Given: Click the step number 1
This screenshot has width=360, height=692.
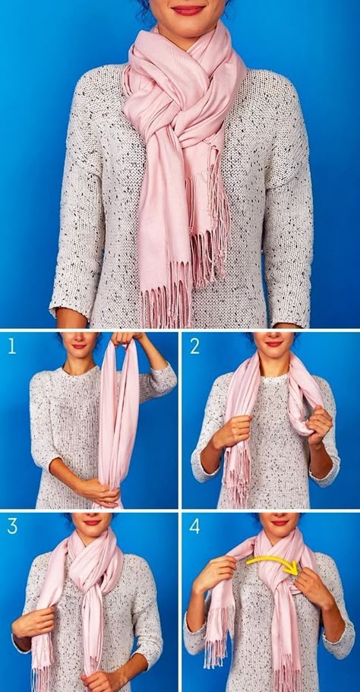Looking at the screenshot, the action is pyautogui.click(x=11, y=346).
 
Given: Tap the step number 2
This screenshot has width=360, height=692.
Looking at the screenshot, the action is pyautogui.click(x=194, y=346).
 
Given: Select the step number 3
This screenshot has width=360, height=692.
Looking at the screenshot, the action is pyautogui.click(x=12, y=526).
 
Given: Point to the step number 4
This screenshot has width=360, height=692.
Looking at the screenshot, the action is pyautogui.click(x=194, y=526).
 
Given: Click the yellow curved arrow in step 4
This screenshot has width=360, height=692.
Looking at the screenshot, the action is pyautogui.click(x=273, y=559).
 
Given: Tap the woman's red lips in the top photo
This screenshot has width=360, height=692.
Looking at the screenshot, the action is pyautogui.click(x=188, y=10).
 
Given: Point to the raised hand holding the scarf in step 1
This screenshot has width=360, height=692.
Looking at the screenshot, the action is pyautogui.click(x=127, y=339).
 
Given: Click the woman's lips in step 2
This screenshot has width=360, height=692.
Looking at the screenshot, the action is pyautogui.click(x=273, y=343).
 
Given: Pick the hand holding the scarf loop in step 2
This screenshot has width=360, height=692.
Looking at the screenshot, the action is pyautogui.click(x=320, y=425).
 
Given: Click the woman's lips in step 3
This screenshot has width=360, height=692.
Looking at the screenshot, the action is pyautogui.click(x=92, y=523).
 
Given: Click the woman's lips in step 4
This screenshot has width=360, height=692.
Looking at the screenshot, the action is pyautogui.click(x=279, y=523).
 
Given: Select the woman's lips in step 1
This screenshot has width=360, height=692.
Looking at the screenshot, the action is pyautogui.click(x=80, y=346).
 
